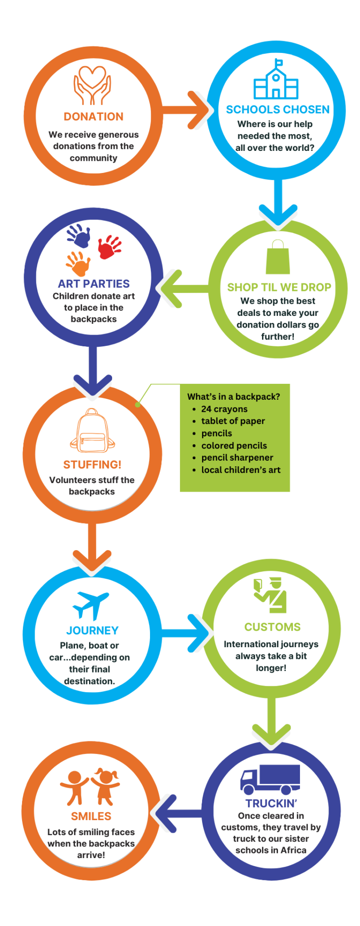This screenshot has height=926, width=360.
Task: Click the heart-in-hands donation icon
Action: coord(92,85)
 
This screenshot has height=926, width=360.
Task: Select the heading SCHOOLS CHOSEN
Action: coord(277,110)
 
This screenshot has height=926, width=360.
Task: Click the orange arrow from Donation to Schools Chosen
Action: coord(187,111)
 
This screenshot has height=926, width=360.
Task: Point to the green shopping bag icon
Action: coord(277,257)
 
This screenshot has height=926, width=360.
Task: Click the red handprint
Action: coord(109,247)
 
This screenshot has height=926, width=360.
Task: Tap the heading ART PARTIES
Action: coord(94,284)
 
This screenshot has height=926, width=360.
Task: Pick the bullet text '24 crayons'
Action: coord(224,409)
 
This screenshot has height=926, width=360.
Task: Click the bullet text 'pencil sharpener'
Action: coord(237,457)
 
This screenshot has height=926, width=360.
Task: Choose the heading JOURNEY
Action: coord(92,630)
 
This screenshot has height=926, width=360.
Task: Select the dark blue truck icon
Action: coord(270,779)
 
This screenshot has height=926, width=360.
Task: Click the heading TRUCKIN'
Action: coord(271,803)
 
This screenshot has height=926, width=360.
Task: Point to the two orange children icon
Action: coord(90,786)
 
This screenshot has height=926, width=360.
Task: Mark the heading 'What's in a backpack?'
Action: coord(233,396)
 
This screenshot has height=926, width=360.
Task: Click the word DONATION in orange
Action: coord(93,117)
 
